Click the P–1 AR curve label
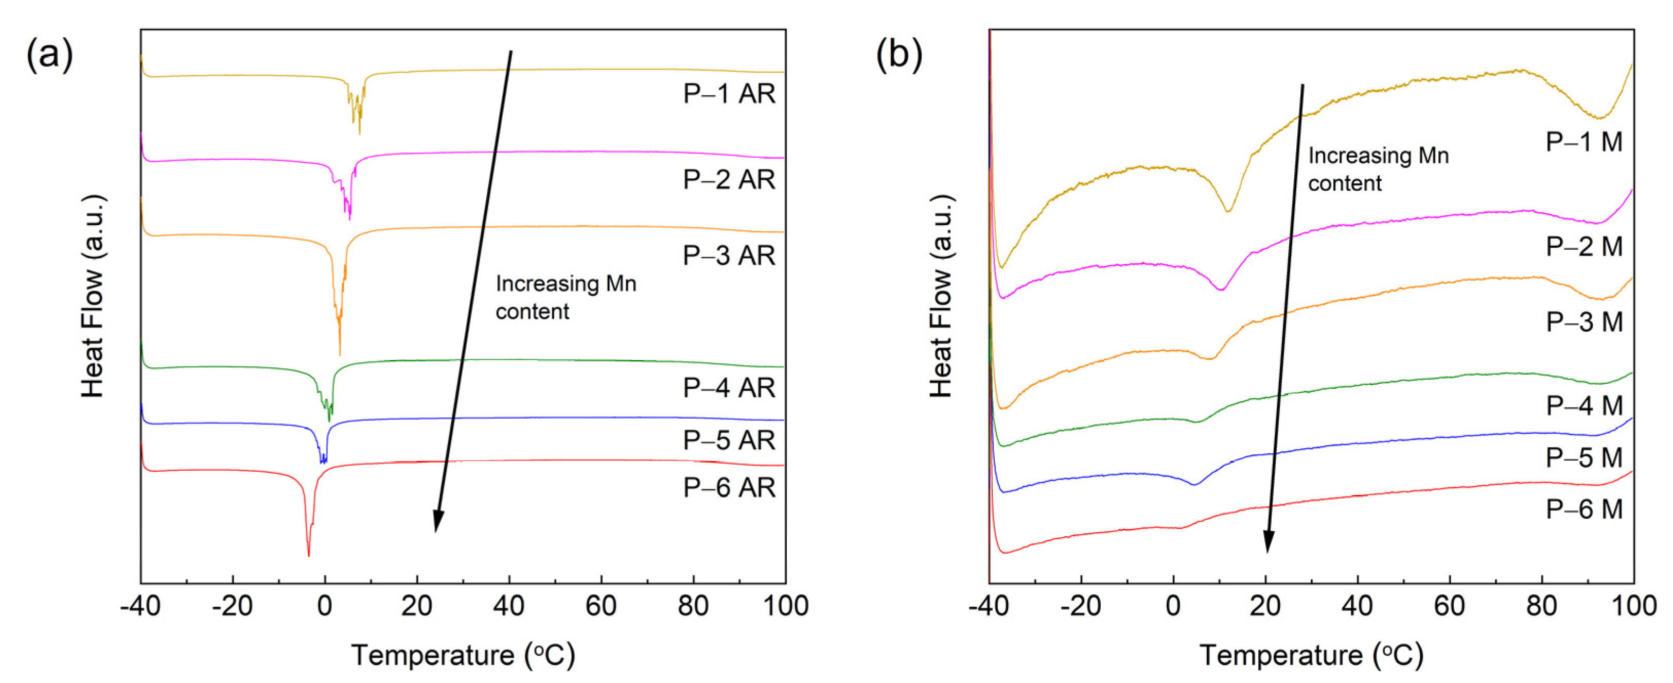coord(729,94)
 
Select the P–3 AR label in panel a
coord(729,255)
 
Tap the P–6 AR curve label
coord(729,487)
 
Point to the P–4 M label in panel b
coord(1583,405)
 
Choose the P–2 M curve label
coord(1583,246)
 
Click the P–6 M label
coord(1583,509)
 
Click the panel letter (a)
coord(49,54)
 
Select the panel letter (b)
coord(899,54)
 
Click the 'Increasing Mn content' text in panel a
coord(565,298)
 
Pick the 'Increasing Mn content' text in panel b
coord(1378,169)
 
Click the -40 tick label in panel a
coord(140,606)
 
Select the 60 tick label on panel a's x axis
coord(601,606)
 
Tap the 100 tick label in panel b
coord(1633,606)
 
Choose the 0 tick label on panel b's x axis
coord(1173,606)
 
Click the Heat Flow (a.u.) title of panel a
coord(93,296)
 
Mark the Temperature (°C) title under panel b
coord(1311,655)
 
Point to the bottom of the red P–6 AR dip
coord(308,555)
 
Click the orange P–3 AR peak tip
coord(340,354)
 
